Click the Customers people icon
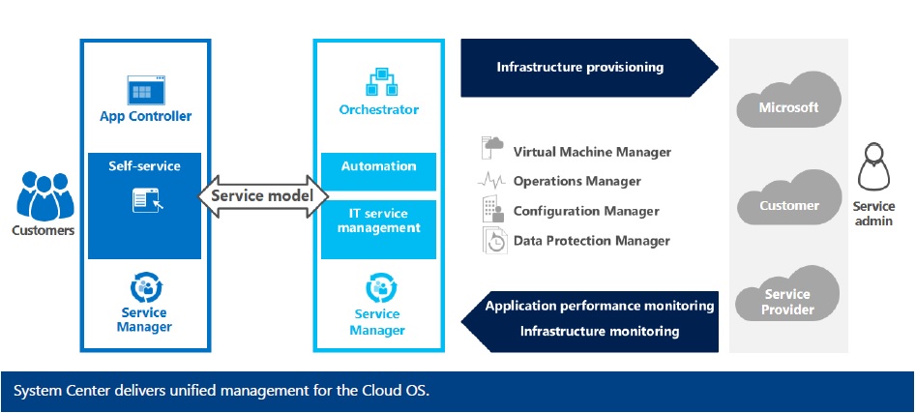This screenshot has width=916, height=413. (42, 197)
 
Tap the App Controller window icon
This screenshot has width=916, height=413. (145, 91)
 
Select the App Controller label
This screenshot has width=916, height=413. (145, 116)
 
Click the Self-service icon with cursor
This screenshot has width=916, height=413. (145, 200)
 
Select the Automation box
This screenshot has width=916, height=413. (378, 166)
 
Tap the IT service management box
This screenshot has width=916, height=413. (378, 221)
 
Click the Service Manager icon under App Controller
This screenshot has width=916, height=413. (145, 287)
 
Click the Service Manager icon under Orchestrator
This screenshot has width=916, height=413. (378, 288)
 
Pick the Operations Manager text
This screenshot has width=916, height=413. (576, 181)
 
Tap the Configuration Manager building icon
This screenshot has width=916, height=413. (492, 209)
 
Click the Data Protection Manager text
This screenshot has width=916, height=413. (591, 240)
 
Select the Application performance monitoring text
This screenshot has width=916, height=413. (600, 306)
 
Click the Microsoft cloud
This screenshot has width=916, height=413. (788, 104)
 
